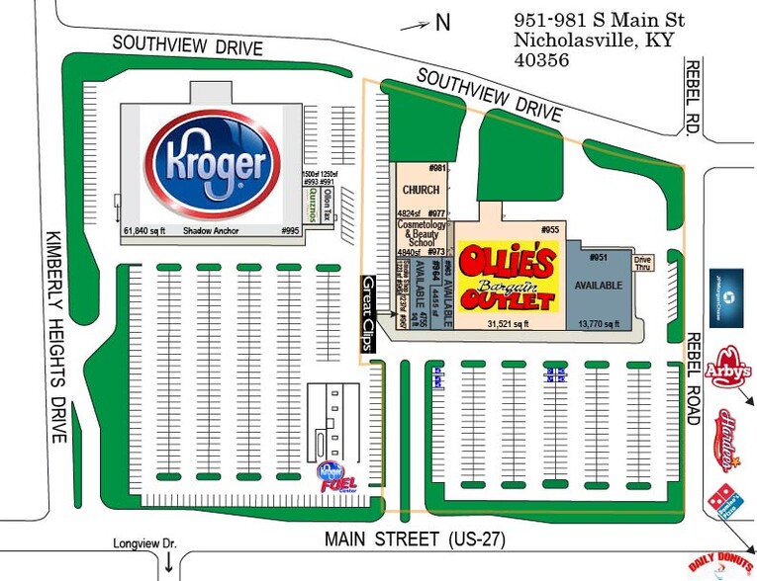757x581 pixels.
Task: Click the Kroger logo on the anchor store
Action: (209, 162)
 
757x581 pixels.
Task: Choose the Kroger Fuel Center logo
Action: (333, 478)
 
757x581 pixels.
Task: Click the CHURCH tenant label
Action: (421, 190)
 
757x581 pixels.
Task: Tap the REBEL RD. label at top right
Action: (695, 97)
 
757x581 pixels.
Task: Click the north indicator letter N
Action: (443, 23)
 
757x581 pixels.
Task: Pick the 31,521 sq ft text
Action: (507, 323)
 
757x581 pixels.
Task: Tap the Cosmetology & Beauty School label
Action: (422, 235)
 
